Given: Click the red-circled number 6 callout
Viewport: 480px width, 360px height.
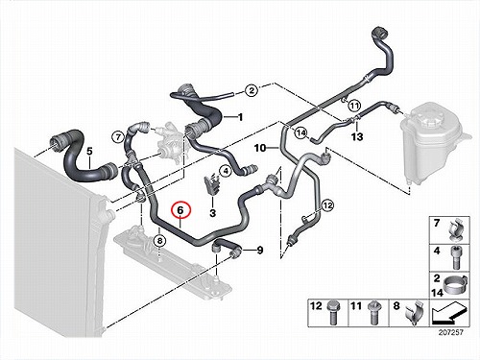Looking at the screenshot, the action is [x=180, y=210].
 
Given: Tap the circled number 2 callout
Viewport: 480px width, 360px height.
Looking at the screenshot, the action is [x=252, y=90].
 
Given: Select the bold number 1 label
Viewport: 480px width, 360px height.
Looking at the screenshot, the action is [x=240, y=117].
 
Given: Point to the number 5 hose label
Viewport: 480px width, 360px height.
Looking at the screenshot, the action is [x=89, y=151].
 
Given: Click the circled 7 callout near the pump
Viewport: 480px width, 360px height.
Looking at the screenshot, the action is [x=118, y=137].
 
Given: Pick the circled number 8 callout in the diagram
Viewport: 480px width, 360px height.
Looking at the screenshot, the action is [x=159, y=240].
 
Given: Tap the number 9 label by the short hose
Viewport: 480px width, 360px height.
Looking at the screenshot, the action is [x=260, y=250].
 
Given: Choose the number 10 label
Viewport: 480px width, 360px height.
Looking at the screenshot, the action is [x=260, y=148].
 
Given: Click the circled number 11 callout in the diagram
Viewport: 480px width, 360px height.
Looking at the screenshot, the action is [x=354, y=105].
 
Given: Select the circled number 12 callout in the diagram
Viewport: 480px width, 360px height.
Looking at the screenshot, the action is [x=327, y=205].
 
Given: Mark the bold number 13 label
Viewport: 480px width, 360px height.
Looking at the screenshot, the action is [x=357, y=136].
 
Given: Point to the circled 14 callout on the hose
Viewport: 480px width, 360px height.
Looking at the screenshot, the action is [x=300, y=132].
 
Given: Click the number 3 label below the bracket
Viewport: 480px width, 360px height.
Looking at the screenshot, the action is [x=213, y=213].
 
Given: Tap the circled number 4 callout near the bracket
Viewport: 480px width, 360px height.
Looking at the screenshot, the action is [x=226, y=171].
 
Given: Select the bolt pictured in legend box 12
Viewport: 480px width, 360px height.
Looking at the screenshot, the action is [x=332, y=314].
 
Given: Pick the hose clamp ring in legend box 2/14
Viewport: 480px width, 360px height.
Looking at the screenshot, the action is [x=455, y=284].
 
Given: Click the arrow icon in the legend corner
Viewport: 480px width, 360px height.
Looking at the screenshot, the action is [x=448, y=315].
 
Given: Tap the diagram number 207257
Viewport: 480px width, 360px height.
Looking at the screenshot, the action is [x=450, y=332].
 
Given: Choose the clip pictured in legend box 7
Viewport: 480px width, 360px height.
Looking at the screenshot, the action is [x=456, y=230].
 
